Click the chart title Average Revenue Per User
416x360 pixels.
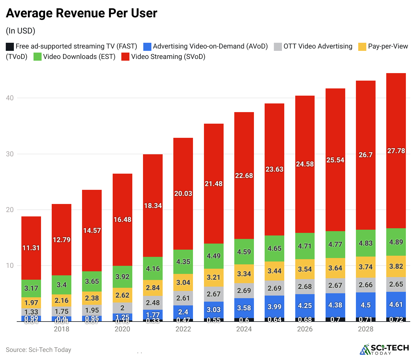(x=81, y=13)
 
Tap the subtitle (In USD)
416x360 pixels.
(x=21, y=31)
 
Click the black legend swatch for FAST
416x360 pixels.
(x=10, y=47)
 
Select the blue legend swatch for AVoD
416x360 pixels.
(x=147, y=47)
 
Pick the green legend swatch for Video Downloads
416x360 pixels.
(x=38, y=57)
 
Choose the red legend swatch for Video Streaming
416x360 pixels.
(x=125, y=57)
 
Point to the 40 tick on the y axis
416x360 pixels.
(x=10, y=98)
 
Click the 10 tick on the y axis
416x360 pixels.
(x=10, y=266)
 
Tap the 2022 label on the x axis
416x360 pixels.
(x=183, y=329)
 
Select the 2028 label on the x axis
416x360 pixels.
(x=365, y=329)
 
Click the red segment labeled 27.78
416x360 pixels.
(x=396, y=151)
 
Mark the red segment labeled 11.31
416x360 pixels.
(x=31, y=248)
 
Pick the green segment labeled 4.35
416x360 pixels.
(x=183, y=262)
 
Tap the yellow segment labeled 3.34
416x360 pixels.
(x=244, y=274)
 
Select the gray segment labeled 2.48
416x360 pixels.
(x=153, y=303)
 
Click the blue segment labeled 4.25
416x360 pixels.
(x=305, y=306)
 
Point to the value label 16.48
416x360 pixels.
(x=122, y=220)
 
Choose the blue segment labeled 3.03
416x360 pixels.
(x=214, y=310)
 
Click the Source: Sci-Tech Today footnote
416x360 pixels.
(x=38, y=350)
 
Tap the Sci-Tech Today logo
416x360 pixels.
(x=384, y=349)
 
